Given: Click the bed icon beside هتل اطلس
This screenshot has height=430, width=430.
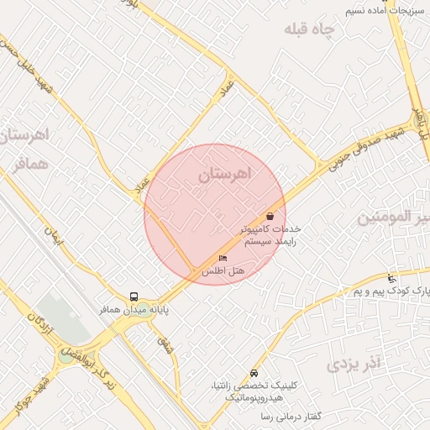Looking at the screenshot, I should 223,258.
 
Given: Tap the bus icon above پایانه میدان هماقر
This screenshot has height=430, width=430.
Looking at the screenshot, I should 134,296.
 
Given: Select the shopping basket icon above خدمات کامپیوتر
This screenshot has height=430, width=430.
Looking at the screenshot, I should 270,216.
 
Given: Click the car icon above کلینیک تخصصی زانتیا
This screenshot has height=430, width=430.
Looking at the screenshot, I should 254,373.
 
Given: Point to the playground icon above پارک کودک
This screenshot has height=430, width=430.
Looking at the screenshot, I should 391,278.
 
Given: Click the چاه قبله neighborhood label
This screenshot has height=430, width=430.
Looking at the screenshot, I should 308,30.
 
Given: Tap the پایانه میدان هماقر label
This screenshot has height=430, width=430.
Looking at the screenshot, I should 136,310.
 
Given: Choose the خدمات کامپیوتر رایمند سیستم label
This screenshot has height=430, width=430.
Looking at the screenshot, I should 270,234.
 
